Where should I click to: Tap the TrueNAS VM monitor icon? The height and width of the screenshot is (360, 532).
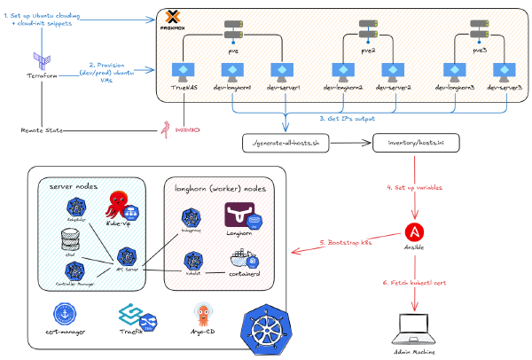point(184,70)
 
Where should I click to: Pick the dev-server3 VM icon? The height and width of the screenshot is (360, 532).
point(504,70)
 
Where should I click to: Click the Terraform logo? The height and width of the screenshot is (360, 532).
point(41,59)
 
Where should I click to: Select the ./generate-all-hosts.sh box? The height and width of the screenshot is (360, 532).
point(285,143)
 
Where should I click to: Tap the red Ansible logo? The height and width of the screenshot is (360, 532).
point(413,231)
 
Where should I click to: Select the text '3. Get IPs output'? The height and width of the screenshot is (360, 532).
point(346,118)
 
